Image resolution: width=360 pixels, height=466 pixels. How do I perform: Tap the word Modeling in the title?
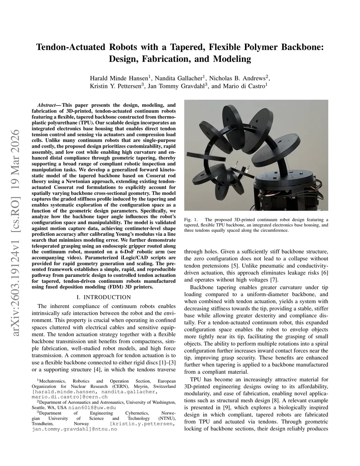231,59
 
